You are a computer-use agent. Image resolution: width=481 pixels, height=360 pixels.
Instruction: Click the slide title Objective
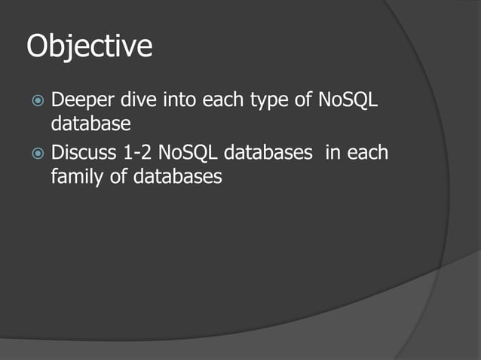[x=90, y=47]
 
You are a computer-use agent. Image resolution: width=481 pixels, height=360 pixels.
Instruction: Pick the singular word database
[x=91, y=123]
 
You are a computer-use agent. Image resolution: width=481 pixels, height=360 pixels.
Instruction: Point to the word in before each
[x=332, y=154]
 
